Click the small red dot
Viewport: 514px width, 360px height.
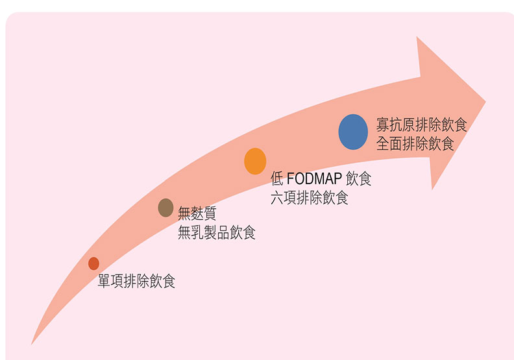point(93,263)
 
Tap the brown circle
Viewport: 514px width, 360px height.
point(165,208)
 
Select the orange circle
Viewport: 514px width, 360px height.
point(255,161)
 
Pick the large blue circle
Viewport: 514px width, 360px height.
point(353,132)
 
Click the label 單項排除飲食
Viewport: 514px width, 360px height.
point(136,282)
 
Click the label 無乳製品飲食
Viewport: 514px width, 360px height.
point(217,232)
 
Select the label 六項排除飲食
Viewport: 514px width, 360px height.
point(310,198)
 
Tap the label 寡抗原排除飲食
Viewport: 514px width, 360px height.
point(421,125)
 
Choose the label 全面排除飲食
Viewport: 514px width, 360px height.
point(415,144)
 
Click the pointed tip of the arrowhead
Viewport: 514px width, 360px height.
point(485,102)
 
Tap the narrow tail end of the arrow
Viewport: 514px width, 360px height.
point(32,342)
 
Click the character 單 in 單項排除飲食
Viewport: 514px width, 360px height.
point(104,282)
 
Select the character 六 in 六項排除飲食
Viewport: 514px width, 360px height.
point(277,198)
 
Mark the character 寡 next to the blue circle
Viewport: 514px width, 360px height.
point(383,125)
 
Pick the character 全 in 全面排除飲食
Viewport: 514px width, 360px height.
point(383,144)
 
